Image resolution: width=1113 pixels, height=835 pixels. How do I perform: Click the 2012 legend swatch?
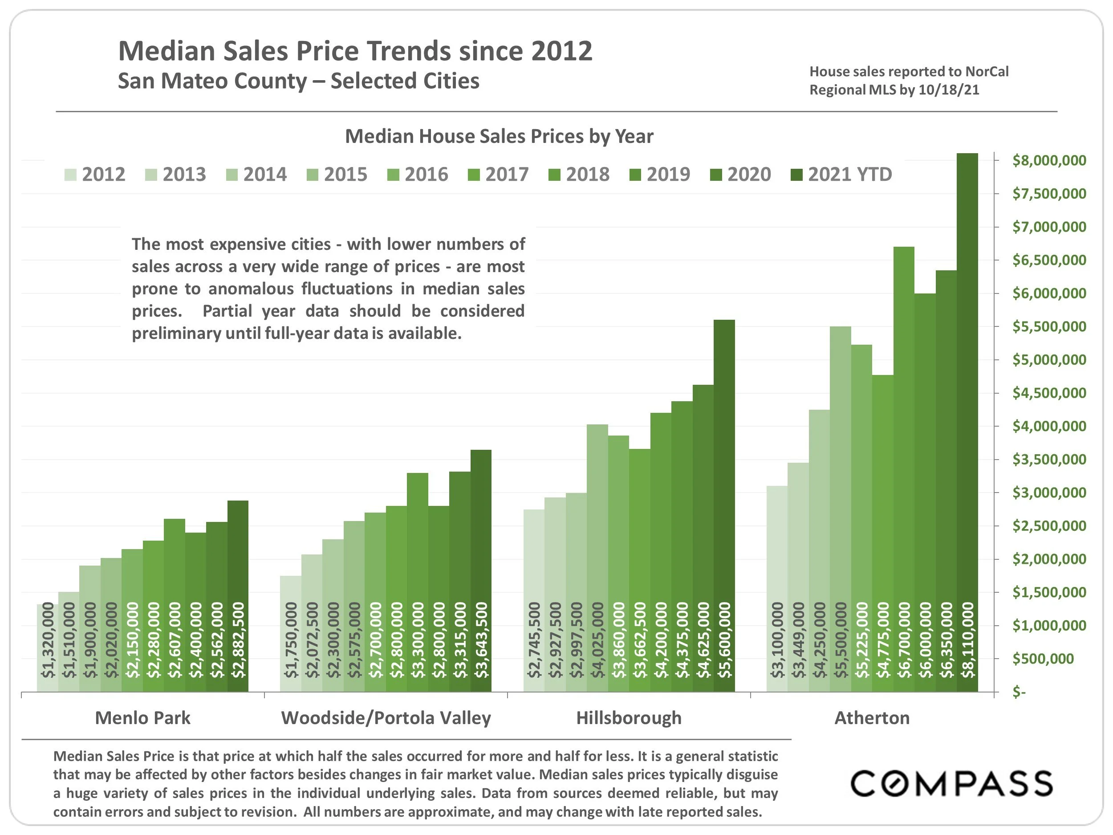pyautogui.click(x=70, y=175)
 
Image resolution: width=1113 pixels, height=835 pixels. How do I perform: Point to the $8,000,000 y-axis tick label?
pyautogui.click(x=1049, y=161)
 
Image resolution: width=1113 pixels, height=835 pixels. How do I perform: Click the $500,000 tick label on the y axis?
pyautogui.click(x=1043, y=658)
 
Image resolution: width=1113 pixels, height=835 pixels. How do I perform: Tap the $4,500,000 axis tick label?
pyautogui.click(x=1049, y=393)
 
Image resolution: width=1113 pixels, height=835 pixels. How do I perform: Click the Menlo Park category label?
pyautogui.click(x=143, y=718)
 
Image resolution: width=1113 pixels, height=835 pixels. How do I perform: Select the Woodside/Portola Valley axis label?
pyautogui.click(x=386, y=718)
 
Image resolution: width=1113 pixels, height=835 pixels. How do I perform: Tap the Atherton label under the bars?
pyautogui.click(x=872, y=718)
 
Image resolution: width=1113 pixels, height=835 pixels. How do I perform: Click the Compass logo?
pyautogui.click(x=951, y=784)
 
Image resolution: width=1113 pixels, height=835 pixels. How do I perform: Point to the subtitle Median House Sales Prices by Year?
pyautogui.click(x=499, y=136)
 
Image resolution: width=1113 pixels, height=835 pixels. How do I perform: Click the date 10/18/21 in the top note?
pyautogui.click(x=948, y=90)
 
